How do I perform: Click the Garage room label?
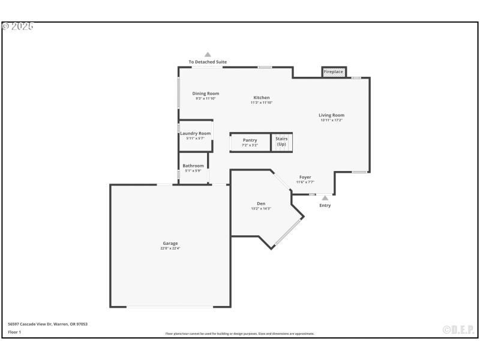point(170,243)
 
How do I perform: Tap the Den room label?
point(261,203)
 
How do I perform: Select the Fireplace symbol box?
point(334,72)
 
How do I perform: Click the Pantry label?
point(250,140)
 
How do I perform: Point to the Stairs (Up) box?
point(281,142)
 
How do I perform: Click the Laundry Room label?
point(196,133)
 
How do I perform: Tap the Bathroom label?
point(193,166)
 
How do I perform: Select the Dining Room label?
point(205,93)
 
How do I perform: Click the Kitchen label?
point(262,97)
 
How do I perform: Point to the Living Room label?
point(331,115)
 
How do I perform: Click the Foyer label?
point(305,177)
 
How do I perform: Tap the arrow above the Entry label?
point(325,197)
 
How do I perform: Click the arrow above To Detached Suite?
point(208,54)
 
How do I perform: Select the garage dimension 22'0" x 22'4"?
point(170,248)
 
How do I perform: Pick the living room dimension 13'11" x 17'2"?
point(331,120)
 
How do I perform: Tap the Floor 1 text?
point(14,332)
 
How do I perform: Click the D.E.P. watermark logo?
point(458,329)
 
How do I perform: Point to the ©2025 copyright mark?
point(18,26)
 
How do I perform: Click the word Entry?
point(325,206)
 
